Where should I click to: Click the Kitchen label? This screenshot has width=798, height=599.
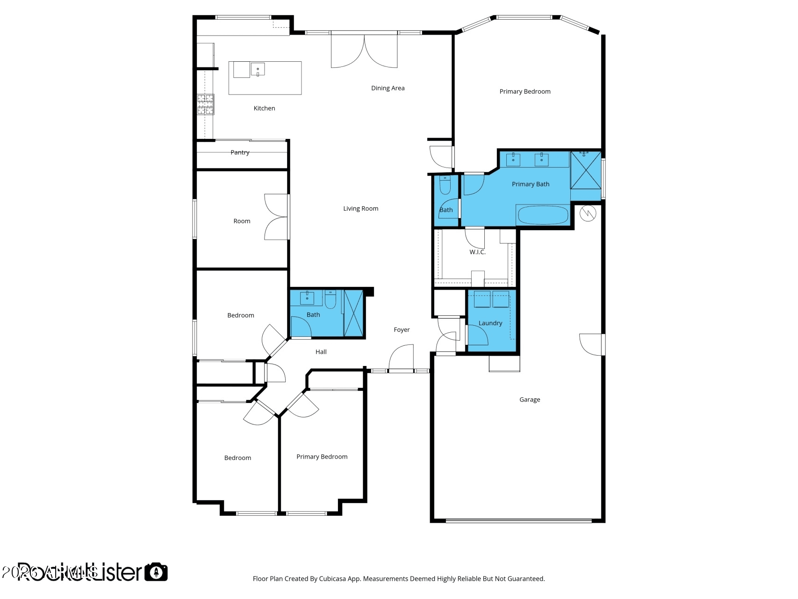click(x=264, y=108)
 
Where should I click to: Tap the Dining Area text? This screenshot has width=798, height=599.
click(x=388, y=88)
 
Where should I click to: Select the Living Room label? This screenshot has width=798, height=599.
click(x=360, y=209)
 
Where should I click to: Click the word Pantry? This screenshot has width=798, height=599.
click(x=240, y=153)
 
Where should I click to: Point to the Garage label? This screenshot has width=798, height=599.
click(x=529, y=400)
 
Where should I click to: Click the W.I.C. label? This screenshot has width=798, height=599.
click(x=477, y=252)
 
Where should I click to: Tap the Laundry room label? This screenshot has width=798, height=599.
click(x=490, y=323)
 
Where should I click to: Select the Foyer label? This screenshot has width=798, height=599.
click(x=401, y=330)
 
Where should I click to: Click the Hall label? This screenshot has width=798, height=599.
click(x=321, y=352)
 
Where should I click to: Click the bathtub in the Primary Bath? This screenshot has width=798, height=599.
click(x=543, y=215)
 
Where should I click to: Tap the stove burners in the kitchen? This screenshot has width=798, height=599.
click(x=205, y=104)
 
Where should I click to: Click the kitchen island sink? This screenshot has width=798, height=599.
click(x=258, y=69)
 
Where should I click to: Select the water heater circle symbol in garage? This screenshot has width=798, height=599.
click(x=588, y=214)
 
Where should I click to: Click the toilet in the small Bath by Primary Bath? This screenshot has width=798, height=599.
click(x=445, y=186)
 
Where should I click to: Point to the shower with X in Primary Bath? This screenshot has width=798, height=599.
click(x=585, y=170)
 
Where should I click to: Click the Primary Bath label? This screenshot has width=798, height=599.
click(x=530, y=184)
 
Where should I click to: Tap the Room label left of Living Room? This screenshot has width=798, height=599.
click(x=242, y=221)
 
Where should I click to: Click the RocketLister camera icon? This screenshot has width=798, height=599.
click(x=156, y=572)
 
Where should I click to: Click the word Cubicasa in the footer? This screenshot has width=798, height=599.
click(x=333, y=579)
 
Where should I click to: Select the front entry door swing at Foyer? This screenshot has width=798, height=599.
click(x=402, y=357)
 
